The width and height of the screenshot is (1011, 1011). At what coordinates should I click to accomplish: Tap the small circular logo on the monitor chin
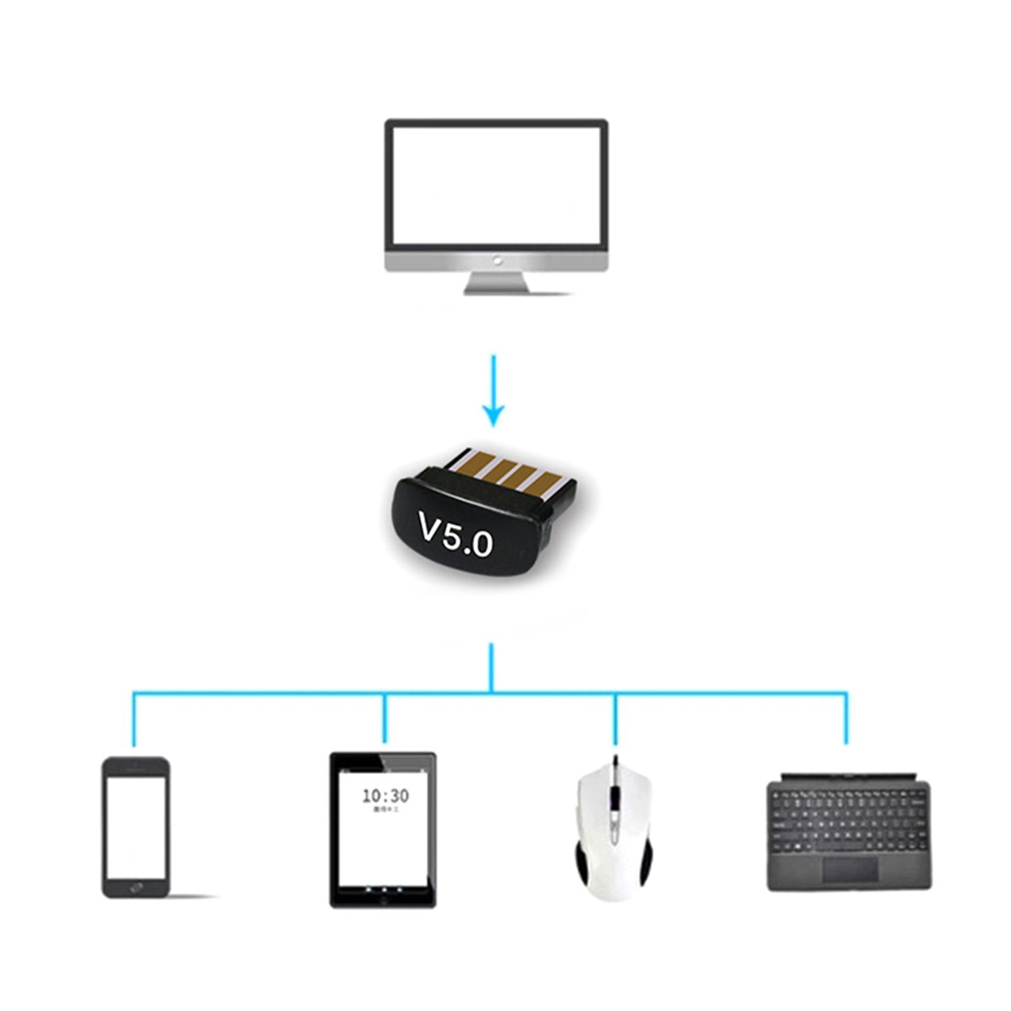(497, 260)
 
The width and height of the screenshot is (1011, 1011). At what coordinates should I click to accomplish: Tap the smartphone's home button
(136, 888)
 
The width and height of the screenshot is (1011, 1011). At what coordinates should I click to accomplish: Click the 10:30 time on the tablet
(385, 796)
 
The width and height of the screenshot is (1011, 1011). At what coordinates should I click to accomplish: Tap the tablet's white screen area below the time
(384, 847)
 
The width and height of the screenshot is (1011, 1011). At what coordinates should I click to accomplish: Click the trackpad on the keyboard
(850, 870)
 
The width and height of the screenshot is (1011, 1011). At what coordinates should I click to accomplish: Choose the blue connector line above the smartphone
(134, 720)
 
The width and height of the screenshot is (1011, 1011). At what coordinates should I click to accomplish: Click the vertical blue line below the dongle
(492, 667)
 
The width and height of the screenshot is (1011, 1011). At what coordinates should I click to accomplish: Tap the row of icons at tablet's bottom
(384, 890)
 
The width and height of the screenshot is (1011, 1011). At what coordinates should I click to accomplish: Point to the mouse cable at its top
(615, 760)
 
